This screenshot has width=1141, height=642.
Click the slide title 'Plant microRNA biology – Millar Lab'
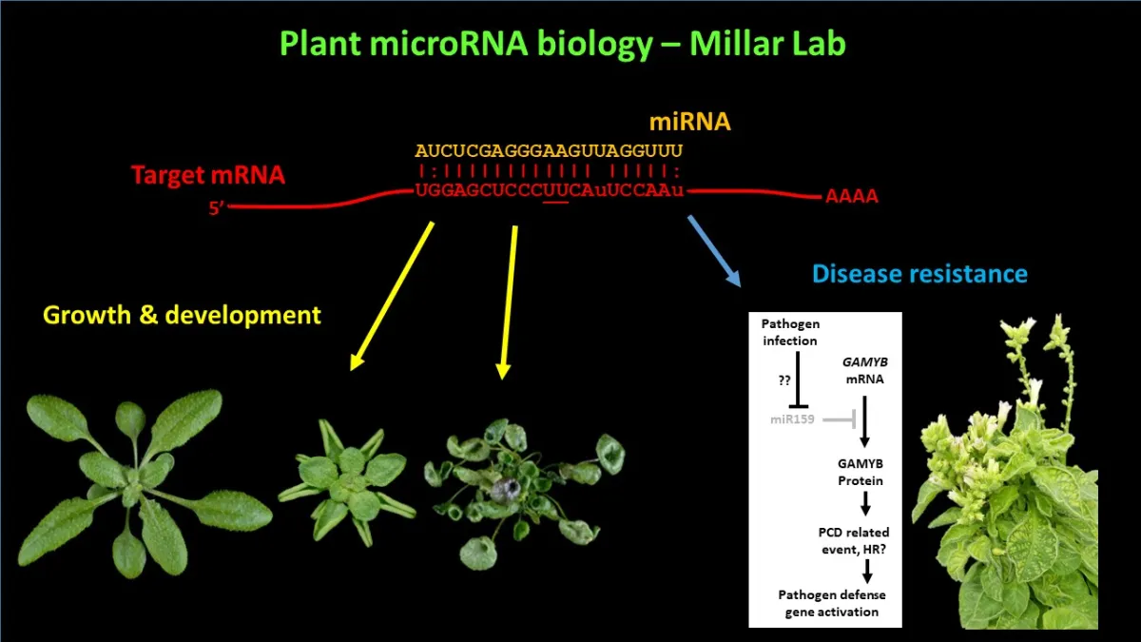(562, 44)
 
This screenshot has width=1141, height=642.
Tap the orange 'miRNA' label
(690, 122)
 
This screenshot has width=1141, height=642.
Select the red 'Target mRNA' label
(207, 175)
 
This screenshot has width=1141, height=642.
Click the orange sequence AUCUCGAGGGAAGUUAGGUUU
(549, 151)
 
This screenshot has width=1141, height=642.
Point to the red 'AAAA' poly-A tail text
(851, 198)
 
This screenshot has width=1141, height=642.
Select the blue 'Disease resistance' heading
(919, 275)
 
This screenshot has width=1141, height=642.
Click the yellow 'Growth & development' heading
(183, 315)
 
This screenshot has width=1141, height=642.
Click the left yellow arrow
(393, 296)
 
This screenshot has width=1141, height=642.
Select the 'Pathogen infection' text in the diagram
(789, 333)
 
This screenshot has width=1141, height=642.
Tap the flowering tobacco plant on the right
(1008, 495)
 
